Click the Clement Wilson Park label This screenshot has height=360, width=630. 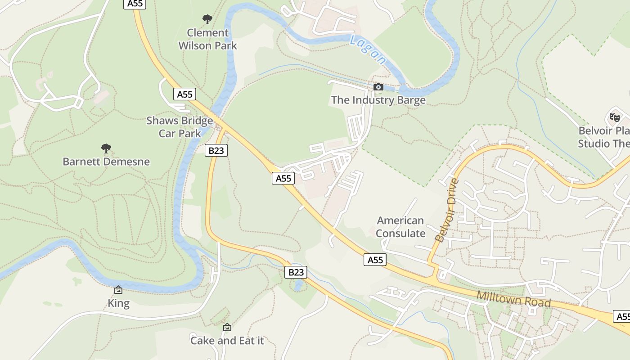(x=207, y=39)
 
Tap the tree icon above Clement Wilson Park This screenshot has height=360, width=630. (x=207, y=19)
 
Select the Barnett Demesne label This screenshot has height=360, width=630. (x=106, y=162)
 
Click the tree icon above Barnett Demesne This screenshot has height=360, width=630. (x=106, y=148)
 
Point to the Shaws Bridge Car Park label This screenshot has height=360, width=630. (x=180, y=127)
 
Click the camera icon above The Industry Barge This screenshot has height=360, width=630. (x=378, y=87)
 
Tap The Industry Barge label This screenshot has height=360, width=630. (x=378, y=100)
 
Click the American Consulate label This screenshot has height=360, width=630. (x=400, y=227)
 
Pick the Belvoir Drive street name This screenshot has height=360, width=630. (x=447, y=210)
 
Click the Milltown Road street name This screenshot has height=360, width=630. (x=513, y=299)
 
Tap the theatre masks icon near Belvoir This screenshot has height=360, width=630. (x=614, y=117)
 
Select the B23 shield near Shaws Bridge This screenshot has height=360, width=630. (x=216, y=150)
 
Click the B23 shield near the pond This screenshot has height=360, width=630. (x=296, y=272)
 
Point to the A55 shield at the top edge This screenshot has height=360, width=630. (x=135, y=4)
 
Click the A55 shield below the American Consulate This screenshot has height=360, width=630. (x=375, y=260)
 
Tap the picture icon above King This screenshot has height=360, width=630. (x=118, y=290)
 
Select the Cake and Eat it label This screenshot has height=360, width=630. (x=227, y=341)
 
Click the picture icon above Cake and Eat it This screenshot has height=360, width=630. (x=227, y=327)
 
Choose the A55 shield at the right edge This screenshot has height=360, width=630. (x=622, y=316)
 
